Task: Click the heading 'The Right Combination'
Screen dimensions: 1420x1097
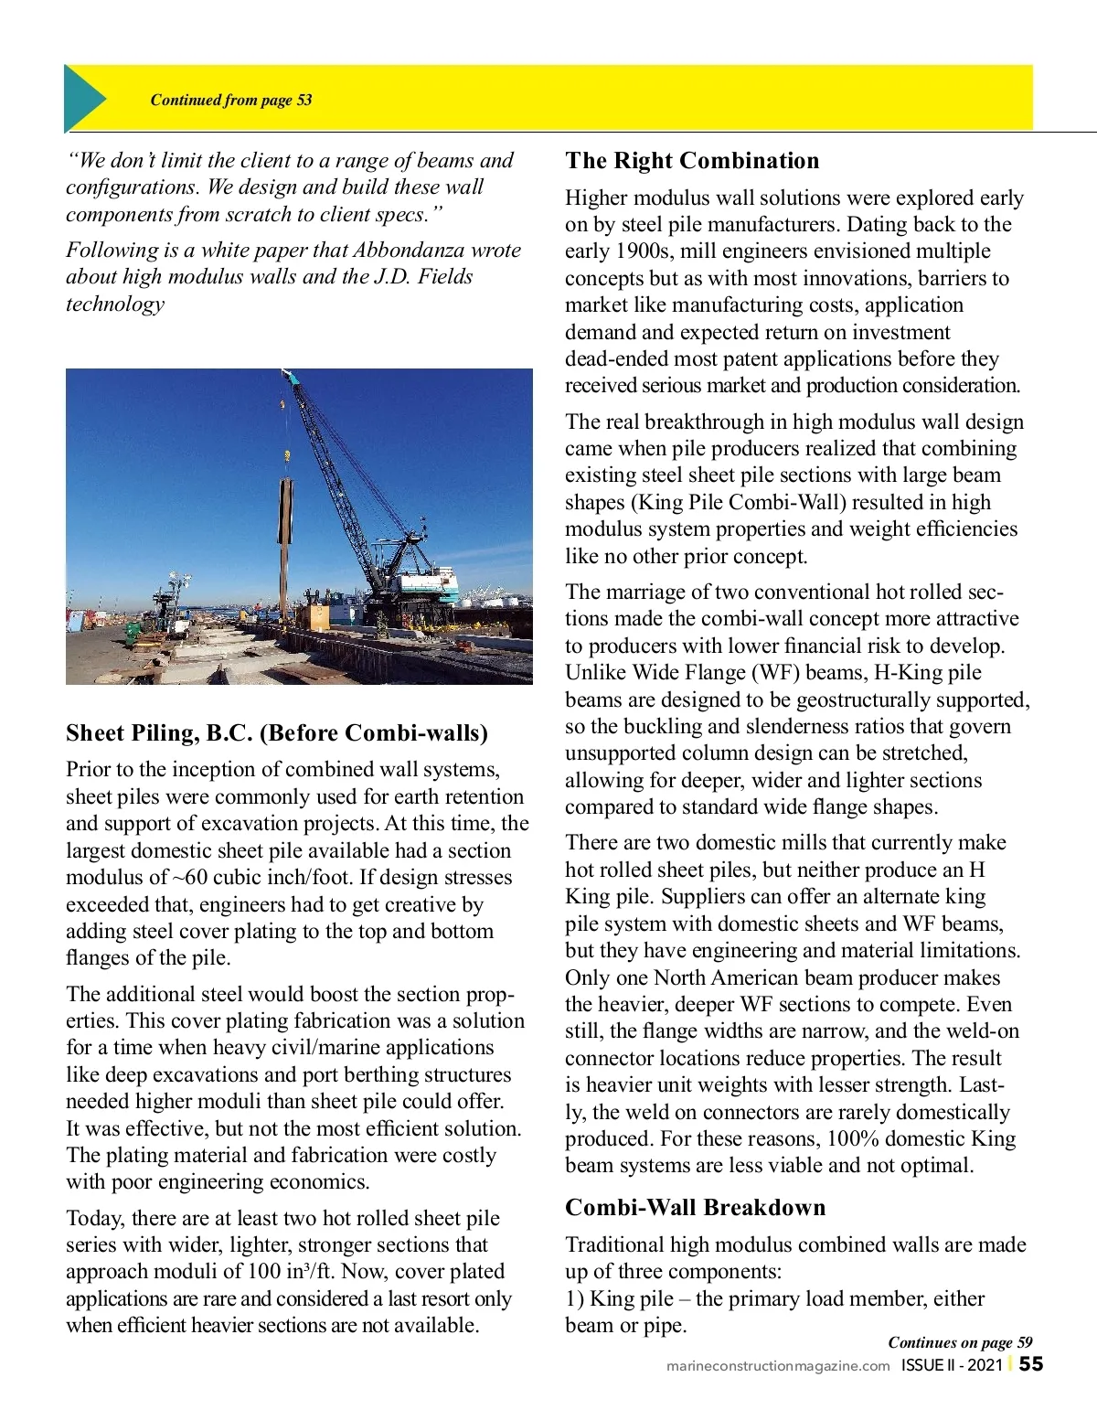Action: click(x=692, y=161)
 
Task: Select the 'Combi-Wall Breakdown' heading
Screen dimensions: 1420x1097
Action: click(x=695, y=1208)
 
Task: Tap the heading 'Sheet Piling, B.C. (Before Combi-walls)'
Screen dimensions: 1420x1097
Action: click(x=277, y=733)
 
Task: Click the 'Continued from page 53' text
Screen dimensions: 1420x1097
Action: click(x=230, y=100)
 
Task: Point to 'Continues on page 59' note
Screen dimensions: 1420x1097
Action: click(x=960, y=1342)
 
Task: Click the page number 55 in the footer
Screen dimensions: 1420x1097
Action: click(x=1031, y=1364)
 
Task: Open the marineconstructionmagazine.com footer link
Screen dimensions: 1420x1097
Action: click(x=778, y=1366)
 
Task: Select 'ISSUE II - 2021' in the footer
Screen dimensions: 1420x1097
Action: click(x=952, y=1365)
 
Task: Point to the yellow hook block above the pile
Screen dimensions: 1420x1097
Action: click(x=286, y=454)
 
